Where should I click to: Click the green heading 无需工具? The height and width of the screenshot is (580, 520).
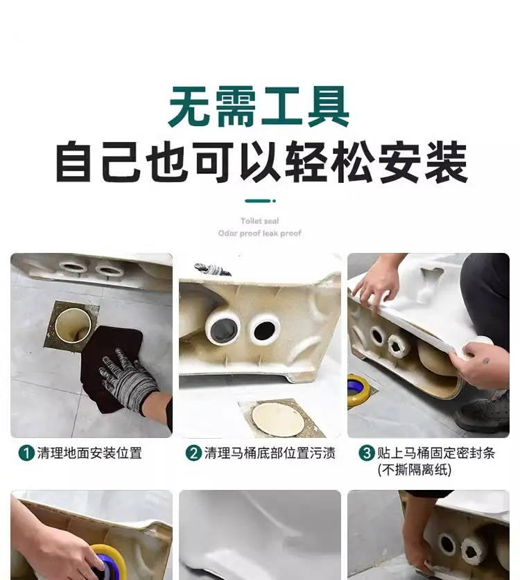[259, 107]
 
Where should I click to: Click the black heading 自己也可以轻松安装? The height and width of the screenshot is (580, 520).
[261, 162]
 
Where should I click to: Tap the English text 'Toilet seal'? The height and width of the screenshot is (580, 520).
[259, 221]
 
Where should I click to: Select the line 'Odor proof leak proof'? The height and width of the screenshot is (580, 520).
[259, 234]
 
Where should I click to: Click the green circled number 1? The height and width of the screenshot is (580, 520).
[26, 453]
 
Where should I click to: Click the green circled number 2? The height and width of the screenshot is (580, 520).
[193, 453]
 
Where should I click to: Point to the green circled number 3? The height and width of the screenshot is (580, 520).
[367, 453]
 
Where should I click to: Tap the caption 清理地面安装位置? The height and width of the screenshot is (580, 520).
[89, 453]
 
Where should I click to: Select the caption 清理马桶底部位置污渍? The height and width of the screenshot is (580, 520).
[270, 453]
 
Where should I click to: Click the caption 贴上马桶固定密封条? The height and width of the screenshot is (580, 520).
[436, 453]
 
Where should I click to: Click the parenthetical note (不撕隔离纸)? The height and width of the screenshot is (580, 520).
[415, 470]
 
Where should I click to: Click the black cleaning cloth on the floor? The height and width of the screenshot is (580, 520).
[111, 366]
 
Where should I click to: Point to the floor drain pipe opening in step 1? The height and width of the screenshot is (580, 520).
[73, 326]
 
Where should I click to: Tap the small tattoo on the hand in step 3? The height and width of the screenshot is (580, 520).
[486, 361]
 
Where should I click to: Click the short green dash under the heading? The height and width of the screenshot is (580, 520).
[260, 201]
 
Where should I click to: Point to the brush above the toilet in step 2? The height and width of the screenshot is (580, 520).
[212, 270]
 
